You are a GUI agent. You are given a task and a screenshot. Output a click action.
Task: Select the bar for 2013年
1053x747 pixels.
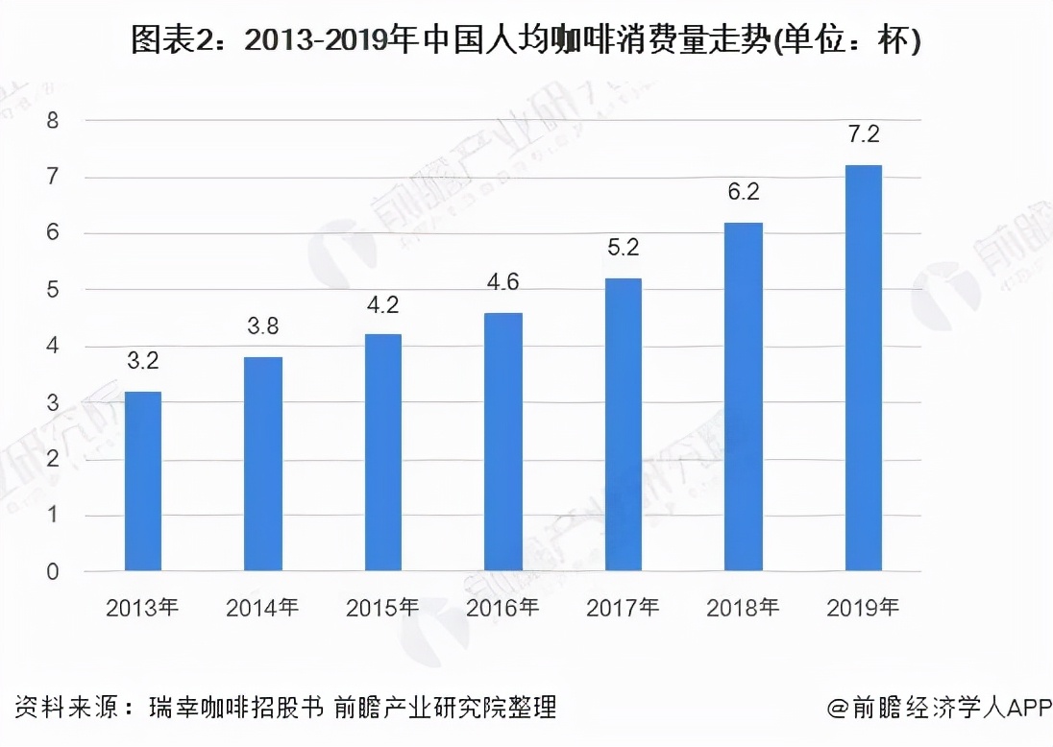point(143,481)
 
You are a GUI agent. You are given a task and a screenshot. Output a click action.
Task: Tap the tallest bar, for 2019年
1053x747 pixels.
point(863,369)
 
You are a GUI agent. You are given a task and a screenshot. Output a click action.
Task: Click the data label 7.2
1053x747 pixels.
point(863,135)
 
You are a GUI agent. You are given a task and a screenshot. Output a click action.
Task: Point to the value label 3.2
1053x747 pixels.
point(143,362)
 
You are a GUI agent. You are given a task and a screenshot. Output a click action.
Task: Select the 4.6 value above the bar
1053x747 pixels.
point(502,282)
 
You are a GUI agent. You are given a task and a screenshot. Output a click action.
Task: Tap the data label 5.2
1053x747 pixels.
point(623,249)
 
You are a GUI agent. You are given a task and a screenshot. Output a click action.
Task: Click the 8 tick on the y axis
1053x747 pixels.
point(53,121)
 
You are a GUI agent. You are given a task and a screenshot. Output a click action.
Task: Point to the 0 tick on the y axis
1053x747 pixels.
point(53,572)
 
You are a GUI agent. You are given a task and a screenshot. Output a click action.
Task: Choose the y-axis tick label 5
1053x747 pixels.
point(53,290)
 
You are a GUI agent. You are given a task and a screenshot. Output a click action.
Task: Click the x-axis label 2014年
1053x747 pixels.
point(262,608)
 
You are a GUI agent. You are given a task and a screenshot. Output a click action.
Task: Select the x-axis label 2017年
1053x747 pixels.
point(623,608)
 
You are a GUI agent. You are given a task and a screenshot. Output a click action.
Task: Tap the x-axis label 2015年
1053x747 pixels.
point(382,608)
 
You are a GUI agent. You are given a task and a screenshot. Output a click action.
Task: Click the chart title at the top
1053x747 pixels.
point(526,41)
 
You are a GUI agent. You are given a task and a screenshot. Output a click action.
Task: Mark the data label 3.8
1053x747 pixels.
point(262,327)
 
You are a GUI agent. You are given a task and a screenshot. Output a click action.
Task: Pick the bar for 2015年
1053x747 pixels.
point(382,452)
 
